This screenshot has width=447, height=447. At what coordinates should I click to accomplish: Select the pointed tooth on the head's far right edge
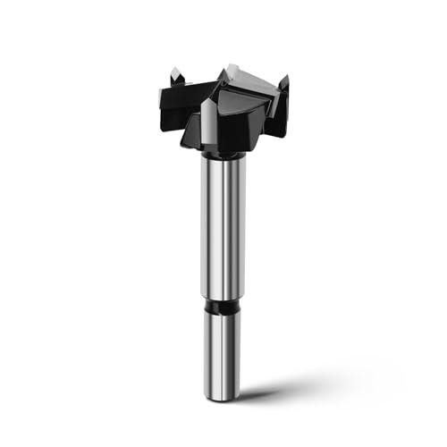(283, 88)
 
